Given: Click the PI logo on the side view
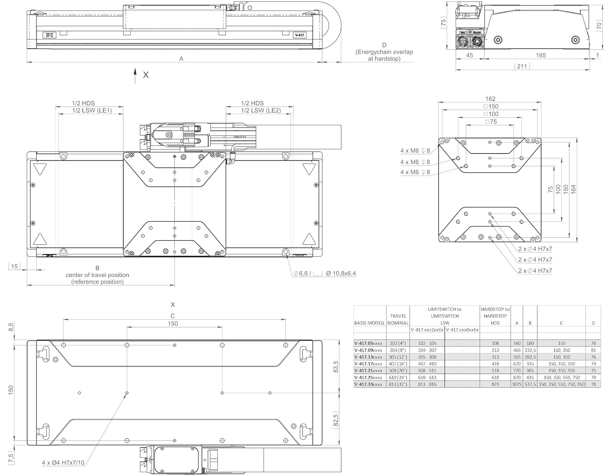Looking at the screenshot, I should click(x=50, y=35).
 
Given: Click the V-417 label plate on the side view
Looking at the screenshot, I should click(x=299, y=35).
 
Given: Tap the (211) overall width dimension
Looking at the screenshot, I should click(x=522, y=66).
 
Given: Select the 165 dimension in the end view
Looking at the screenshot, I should click(x=541, y=55).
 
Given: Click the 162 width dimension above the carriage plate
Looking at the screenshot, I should click(x=490, y=99).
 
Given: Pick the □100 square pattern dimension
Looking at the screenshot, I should click(x=491, y=114).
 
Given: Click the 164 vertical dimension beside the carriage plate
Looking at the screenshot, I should click(x=573, y=189).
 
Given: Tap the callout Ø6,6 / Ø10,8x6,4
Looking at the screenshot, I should click(x=325, y=273).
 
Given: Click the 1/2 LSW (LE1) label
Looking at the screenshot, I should click(x=92, y=110).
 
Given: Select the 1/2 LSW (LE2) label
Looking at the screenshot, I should click(x=261, y=110).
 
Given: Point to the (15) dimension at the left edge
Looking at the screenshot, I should click(x=14, y=266).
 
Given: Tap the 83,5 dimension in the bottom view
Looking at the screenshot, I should click(x=336, y=366).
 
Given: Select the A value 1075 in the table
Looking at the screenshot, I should click(x=517, y=384).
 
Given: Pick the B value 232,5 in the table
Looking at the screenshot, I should click(x=530, y=350).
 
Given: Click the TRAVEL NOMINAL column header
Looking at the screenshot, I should click(x=398, y=319).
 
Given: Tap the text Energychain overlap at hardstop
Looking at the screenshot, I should click(x=384, y=55).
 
